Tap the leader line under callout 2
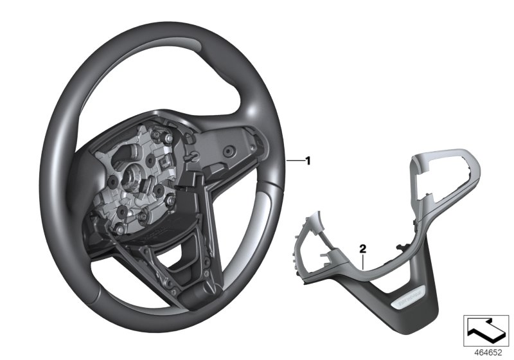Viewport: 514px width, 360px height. point(364,260)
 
